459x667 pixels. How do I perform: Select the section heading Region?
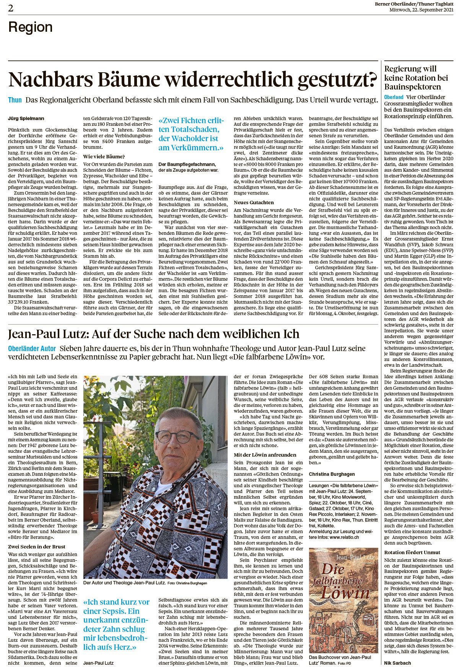pyautogui.click(x=30, y=28)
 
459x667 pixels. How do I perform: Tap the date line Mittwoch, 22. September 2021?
pyautogui.click(x=421, y=9)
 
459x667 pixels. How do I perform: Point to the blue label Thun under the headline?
pyautogui.click(x=15, y=100)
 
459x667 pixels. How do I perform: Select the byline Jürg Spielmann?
pyautogui.click(x=26, y=119)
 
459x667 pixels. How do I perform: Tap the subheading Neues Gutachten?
pyautogui.click(x=254, y=202)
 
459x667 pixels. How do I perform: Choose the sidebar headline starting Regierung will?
pyautogui.click(x=410, y=69)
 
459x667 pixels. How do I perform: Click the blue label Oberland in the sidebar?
pyautogui.click(x=394, y=97)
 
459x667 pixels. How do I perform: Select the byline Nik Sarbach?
pyautogui.click(x=398, y=662)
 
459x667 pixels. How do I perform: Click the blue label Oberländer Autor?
pyautogui.click(x=32, y=349)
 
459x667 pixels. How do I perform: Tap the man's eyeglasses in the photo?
pyautogui.click(x=177, y=436)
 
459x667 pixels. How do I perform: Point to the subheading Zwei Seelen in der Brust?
pyautogui.click(x=37, y=547)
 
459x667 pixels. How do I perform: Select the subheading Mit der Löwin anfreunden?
pyautogui.click(x=265, y=455)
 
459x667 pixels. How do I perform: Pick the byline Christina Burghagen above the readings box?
pyautogui.click(x=332, y=474)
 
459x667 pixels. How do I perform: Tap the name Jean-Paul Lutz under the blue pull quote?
pyautogui.click(x=98, y=663)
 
